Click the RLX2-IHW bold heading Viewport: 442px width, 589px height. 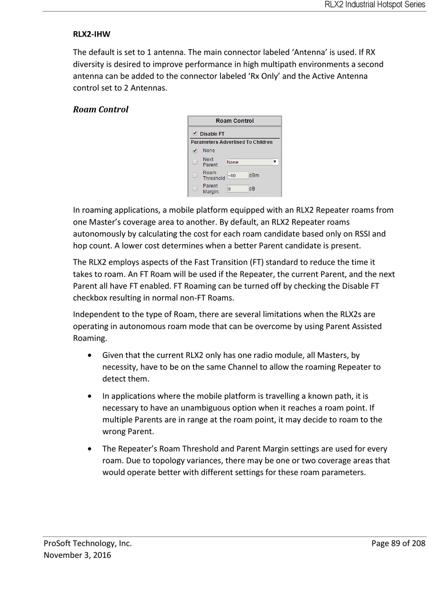(x=92, y=34)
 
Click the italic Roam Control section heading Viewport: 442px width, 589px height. (x=100, y=109)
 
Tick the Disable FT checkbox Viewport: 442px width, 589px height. (x=195, y=133)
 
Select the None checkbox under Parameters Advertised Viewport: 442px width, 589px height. (x=195, y=151)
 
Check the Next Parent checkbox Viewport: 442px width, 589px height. (x=195, y=162)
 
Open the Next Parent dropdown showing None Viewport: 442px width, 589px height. (x=252, y=162)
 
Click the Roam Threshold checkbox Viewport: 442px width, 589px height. (x=195, y=175)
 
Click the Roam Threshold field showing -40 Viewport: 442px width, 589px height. (x=237, y=175)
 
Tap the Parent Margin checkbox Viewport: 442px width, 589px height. (x=195, y=188)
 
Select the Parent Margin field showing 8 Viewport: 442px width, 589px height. (x=237, y=189)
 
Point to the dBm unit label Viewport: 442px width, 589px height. (x=254, y=175)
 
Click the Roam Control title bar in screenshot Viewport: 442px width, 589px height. (x=234, y=121)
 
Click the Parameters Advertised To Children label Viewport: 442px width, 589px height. (x=231, y=142)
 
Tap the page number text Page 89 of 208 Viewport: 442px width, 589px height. (x=398, y=543)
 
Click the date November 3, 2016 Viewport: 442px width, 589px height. (x=77, y=555)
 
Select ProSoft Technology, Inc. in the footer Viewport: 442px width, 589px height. (x=87, y=543)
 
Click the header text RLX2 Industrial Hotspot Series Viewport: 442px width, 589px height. (x=375, y=5)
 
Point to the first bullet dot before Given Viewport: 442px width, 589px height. (x=89, y=356)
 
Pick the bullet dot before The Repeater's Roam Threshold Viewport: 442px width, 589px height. (x=89, y=449)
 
